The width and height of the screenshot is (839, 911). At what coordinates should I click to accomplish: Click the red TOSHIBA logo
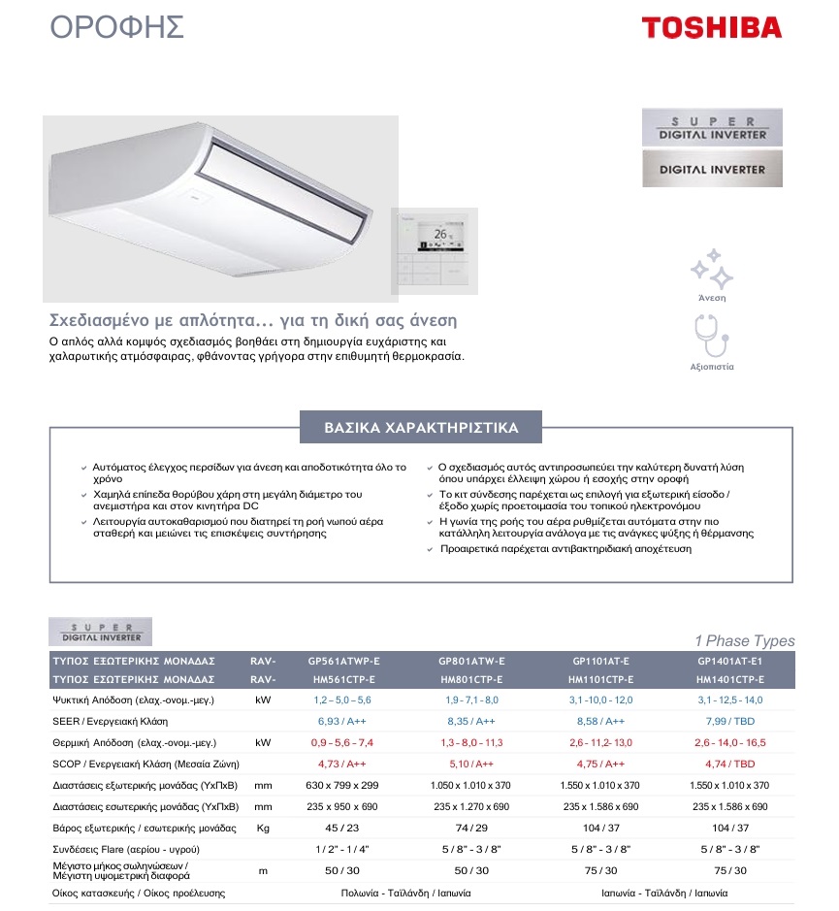pyautogui.click(x=711, y=26)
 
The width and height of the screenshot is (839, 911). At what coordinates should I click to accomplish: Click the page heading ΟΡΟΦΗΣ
pyautogui.click(x=117, y=27)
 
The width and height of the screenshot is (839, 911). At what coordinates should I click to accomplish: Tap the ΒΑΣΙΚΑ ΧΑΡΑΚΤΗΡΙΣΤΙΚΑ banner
pyautogui.click(x=421, y=428)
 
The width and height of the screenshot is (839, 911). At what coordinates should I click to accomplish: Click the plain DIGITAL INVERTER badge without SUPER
pyautogui.click(x=712, y=169)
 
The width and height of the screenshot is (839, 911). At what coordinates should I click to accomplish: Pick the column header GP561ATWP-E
pyautogui.click(x=343, y=661)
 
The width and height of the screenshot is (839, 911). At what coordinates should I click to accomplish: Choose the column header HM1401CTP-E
pyautogui.click(x=730, y=679)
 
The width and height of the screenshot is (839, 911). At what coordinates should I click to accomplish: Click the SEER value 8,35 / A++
pyautogui.click(x=472, y=722)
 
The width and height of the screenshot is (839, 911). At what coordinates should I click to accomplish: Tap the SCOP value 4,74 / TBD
pyautogui.click(x=730, y=764)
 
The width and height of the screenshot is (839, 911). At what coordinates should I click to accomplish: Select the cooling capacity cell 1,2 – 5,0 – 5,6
pyautogui.click(x=342, y=700)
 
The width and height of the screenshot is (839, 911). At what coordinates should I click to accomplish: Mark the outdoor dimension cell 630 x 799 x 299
pyautogui.click(x=342, y=785)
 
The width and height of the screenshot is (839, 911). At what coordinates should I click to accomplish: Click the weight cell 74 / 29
pyautogui.click(x=472, y=828)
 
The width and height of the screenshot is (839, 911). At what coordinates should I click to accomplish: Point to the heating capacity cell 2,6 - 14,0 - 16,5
pyautogui.click(x=730, y=742)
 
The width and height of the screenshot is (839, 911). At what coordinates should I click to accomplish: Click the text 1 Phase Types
pyautogui.click(x=744, y=640)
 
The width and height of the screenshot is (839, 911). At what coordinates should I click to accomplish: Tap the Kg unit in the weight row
pyautogui.click(x=262, y=828)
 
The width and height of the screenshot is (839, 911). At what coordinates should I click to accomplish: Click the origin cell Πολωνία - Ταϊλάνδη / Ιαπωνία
pyautogui.click(x=406, y=893)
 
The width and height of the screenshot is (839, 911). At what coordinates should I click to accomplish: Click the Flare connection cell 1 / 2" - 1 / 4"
pyautogui.click(x=342, y=850)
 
